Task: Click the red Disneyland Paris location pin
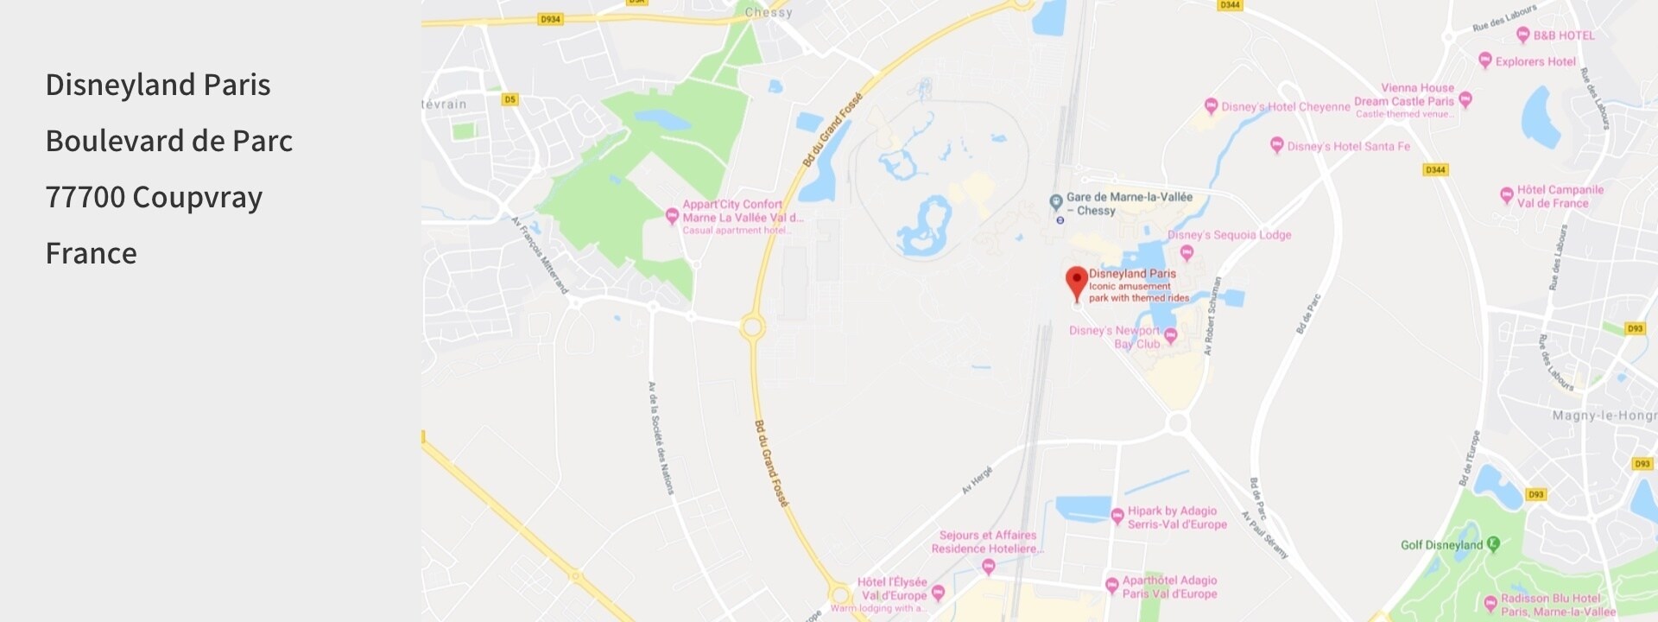coord(1076,282)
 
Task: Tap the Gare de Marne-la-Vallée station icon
coord(1055,201)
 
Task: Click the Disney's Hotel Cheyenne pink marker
coord(1211,105)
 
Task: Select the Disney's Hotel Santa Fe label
coord(1348,146)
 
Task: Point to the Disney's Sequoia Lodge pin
coord(1187,252)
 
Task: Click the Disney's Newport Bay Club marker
coord(1170,335)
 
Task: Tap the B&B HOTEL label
coord(1563,35)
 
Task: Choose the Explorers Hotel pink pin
coord(1485,60)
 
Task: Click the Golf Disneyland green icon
coord(1494,544)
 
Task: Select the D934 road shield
coord(550,19)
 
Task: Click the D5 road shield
coord(509,99)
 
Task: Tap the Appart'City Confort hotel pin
coord(672,215)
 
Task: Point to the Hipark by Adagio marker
coord(1117,516)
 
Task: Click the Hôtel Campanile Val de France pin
coord(1506,194)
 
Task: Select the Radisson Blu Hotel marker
coord(1490,602)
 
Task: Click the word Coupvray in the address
coord(197,197)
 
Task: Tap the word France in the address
coord(91,253)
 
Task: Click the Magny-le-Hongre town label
coord(1604,416)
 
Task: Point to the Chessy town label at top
coord(768,12)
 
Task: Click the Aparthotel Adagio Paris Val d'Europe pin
coord(1112,586)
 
